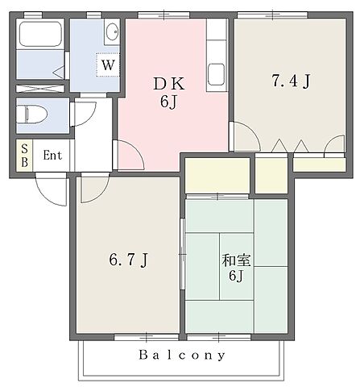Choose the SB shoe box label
pos(23,155)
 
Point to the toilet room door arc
pos(83,115)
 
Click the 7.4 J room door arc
pos(242,135)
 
